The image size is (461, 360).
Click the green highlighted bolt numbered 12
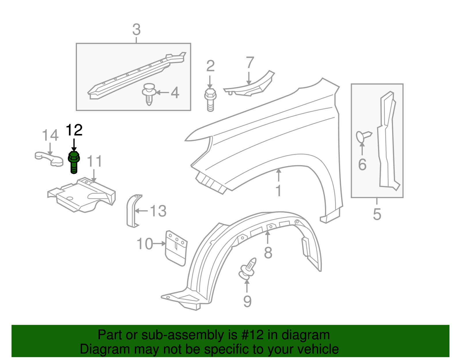tap(74, 163)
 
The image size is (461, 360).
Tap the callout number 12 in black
tap(74, 130)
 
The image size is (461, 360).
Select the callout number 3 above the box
tap(136, 30)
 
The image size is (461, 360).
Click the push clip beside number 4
tap(149, 94)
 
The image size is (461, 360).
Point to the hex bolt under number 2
tap(210, 100)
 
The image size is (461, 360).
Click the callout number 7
tap(250, 63)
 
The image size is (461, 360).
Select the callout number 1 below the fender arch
tap(278, 191)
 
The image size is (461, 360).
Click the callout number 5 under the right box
tap(377, 214)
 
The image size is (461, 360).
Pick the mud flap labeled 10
tap(176, 248)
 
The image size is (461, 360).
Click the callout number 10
tap(145, 244)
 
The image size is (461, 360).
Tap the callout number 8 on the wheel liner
tap(268, 253)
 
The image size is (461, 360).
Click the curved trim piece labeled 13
tap(133, 211)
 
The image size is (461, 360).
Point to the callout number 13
tap(158, 211)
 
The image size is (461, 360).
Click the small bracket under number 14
tap(49, 159)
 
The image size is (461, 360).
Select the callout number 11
tap(95, 161)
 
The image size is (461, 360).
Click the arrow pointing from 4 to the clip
tap(163, 93)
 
